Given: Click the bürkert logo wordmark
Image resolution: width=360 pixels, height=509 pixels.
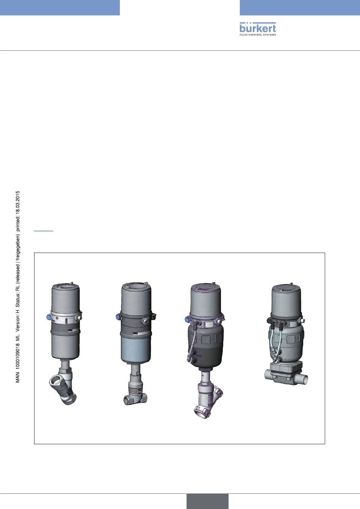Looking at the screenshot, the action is coord(258,28).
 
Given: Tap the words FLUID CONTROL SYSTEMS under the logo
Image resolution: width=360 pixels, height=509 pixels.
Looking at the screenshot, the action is coord(258,35).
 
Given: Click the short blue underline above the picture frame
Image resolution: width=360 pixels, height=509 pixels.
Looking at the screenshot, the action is coord(44,231).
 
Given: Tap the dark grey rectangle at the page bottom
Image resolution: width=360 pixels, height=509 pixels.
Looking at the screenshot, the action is coord(207,501).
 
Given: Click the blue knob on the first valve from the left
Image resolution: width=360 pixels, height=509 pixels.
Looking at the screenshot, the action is coord(49,317).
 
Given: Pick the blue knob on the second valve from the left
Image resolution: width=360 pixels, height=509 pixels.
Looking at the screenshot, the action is coord(118,317).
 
